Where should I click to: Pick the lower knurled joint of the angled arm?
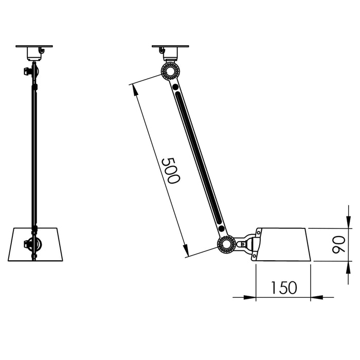(x=226, y=244)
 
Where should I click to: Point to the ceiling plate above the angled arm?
(x=171, y=47)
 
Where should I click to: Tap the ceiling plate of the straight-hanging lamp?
(x=34, y=47)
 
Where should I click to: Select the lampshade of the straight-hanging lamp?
(x=35, y=244)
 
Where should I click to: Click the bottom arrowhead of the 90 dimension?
(x=349, y=267)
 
